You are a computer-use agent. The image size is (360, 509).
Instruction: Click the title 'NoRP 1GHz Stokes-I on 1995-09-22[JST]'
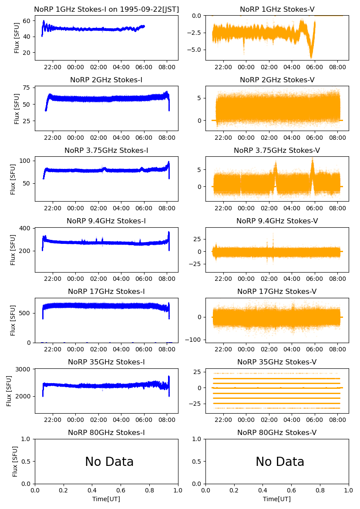tap(106, 10)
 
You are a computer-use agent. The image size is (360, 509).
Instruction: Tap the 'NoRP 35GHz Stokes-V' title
tap(277, 362)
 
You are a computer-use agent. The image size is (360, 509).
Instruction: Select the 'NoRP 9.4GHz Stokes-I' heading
tap(106, 221)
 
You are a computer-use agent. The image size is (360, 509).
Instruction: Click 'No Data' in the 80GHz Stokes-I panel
tap(109, 462)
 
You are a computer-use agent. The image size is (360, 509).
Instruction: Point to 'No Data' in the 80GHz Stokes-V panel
tap(280, 462)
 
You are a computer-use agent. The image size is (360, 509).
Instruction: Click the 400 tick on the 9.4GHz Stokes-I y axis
tap(26, 228)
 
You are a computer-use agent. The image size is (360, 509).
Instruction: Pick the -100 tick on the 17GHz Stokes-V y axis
tap(194, 340)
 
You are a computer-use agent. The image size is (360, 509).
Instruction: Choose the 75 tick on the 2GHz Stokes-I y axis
tap(27, 88)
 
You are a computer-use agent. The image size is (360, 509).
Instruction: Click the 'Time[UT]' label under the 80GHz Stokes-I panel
tap(106, 499)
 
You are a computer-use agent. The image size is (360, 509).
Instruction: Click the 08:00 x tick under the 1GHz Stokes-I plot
tap(167, 67)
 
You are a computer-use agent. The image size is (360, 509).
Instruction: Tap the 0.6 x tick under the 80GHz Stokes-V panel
tap(292, 491)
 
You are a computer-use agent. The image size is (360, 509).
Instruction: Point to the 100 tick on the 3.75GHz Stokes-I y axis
tap(25, 161)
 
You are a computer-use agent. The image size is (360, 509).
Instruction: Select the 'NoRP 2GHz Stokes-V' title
tap(277, 80)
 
